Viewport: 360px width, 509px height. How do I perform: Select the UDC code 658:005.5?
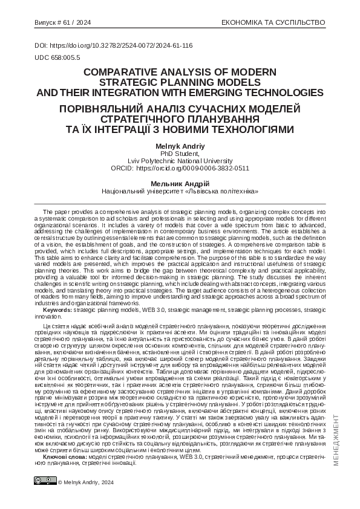57,56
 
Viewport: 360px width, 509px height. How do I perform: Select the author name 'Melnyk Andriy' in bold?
180,147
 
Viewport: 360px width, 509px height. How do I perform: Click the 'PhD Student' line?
180,154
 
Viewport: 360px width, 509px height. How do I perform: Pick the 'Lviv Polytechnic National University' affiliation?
180,161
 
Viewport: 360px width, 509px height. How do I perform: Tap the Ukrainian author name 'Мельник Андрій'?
180,183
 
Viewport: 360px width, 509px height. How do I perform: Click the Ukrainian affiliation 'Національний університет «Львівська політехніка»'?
180,191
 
